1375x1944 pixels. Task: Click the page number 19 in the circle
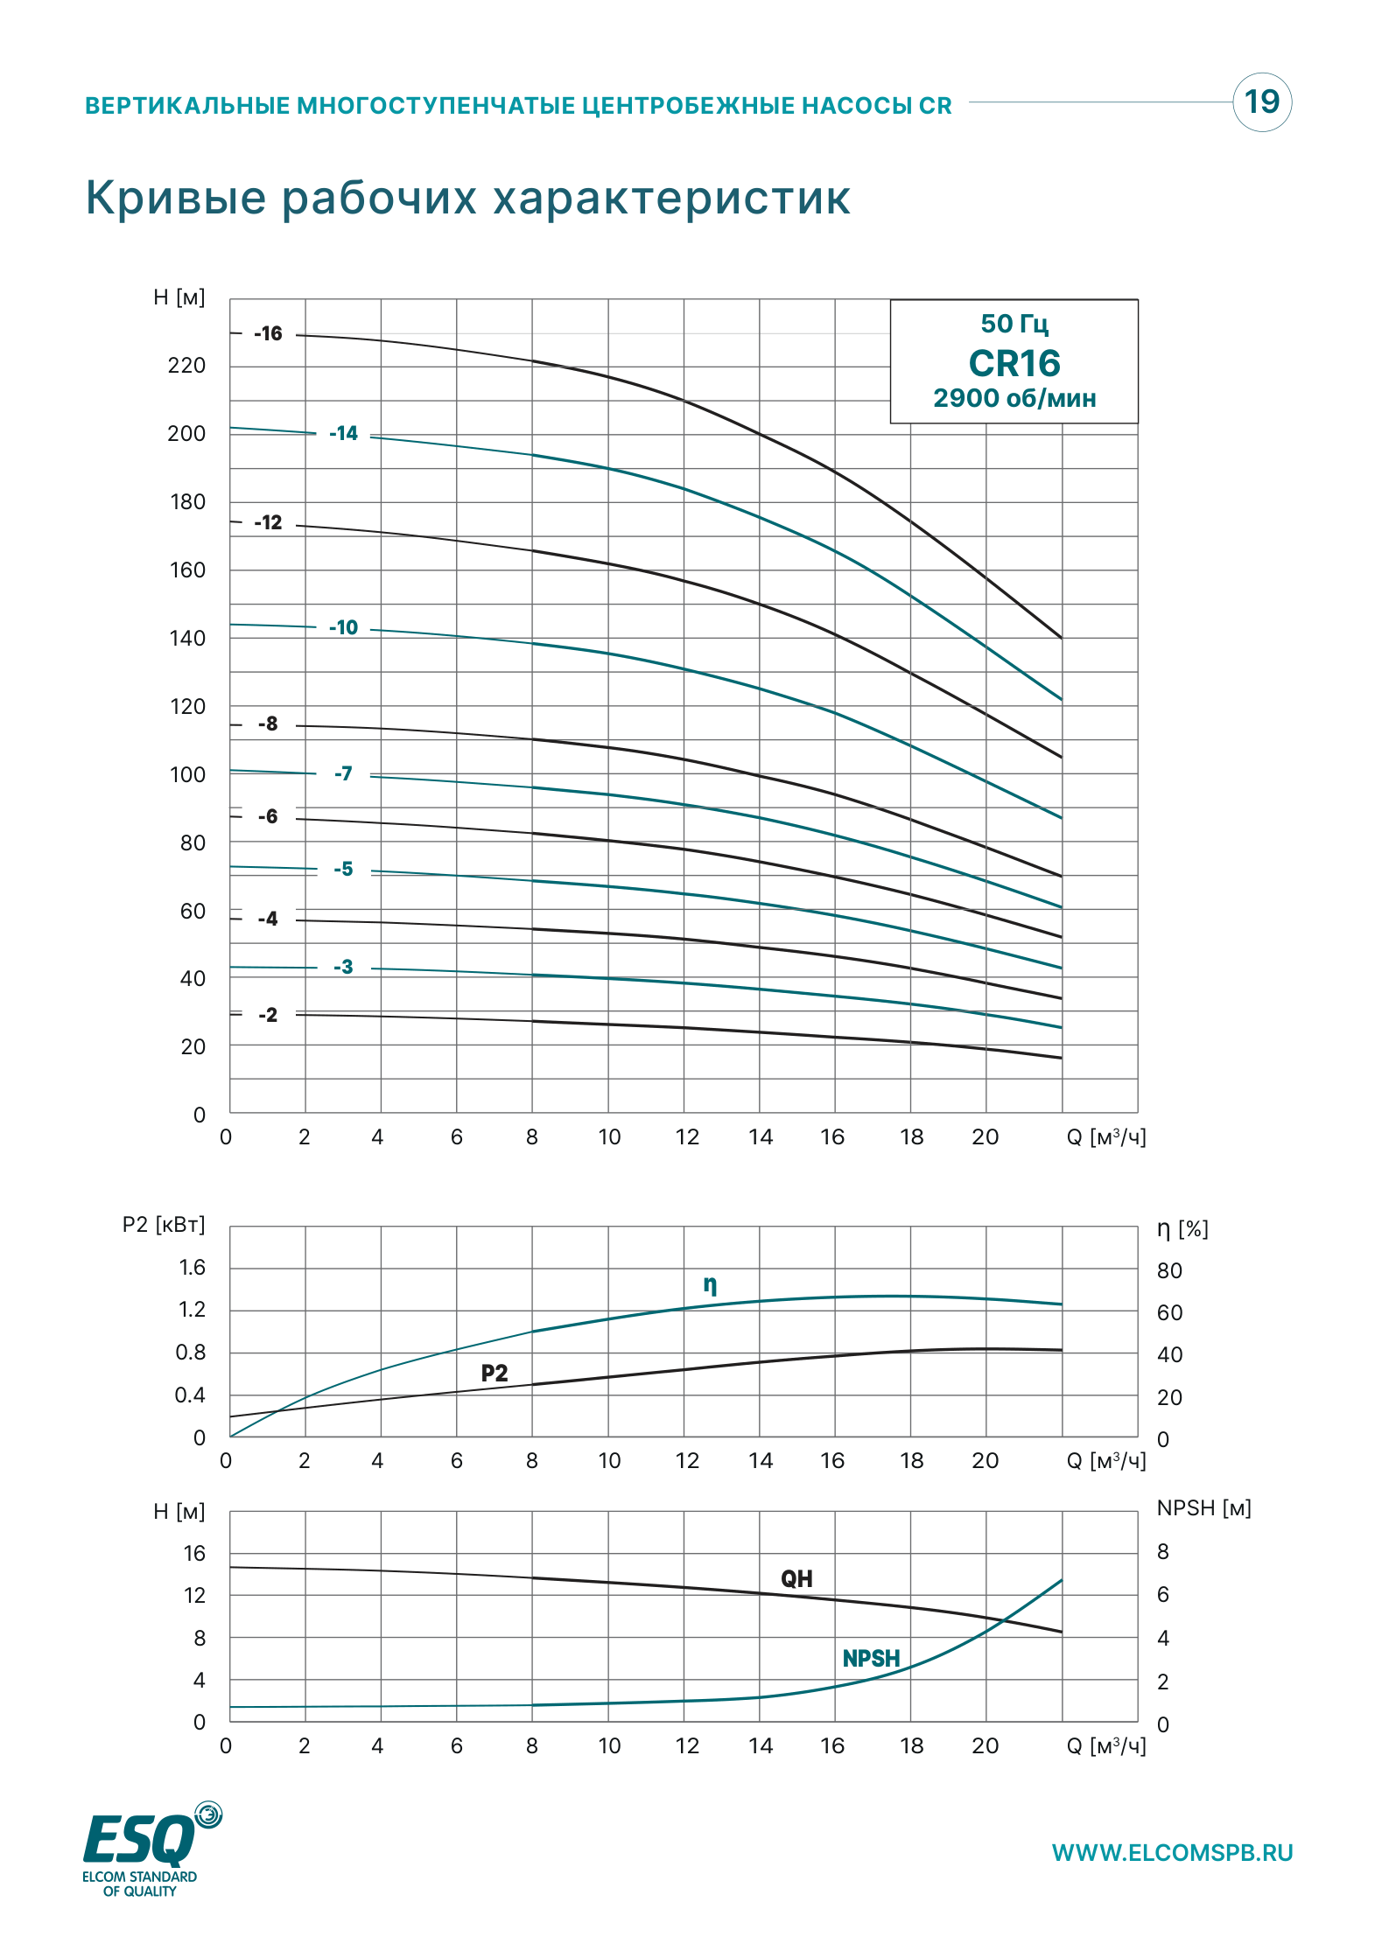pos(1262,102)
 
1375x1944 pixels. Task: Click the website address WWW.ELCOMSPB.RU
pos(1172,1853)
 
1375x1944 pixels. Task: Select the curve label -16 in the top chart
pos(268,333)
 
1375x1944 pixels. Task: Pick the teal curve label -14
pos(343,433)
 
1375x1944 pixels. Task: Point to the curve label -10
pos(343,627)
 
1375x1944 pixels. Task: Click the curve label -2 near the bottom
pos(268,1015)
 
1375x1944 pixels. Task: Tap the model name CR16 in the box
pos(1014,363)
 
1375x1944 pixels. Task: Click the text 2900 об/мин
pos(1014,398)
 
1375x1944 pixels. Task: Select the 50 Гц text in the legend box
pos(1014,324)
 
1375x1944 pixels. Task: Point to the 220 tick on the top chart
pos(186,366)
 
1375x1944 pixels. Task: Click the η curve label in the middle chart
pos(711,1285)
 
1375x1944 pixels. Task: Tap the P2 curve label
pos(495,1373)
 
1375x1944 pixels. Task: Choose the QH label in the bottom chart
pos(796,1579)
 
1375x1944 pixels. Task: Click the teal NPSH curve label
pos(871,1659)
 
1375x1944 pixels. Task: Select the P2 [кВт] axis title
pos(164,1225)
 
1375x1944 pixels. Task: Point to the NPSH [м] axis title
pos(1204,1508)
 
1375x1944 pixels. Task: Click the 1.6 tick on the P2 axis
pos(192,1268)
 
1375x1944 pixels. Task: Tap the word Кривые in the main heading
pos(176,198)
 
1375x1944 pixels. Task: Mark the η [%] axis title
pos(1182,1229)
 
